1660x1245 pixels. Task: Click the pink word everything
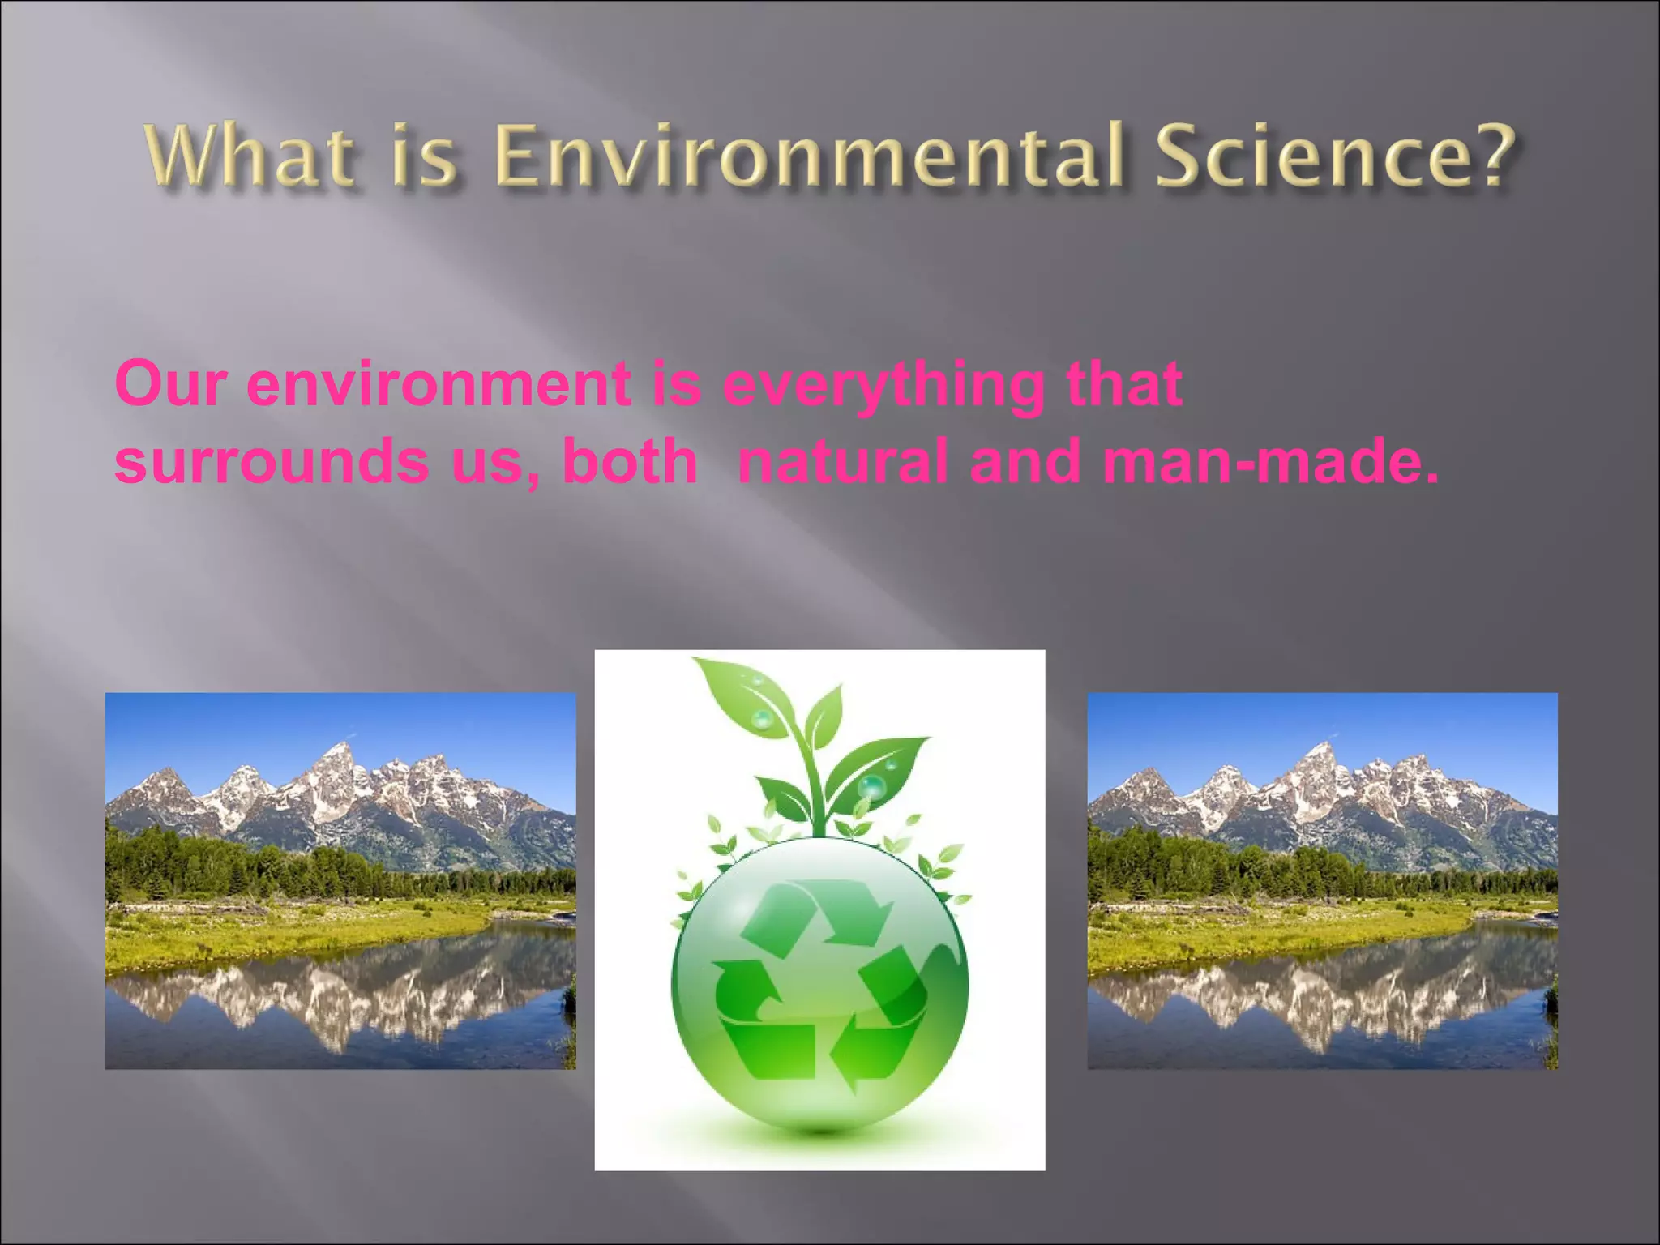tap(883, 386)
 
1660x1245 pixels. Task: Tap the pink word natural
tap(843, 461)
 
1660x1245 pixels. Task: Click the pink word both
tap(630, 461)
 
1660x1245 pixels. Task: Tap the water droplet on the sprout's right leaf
tap(872, 785)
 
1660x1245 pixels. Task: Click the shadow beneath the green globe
tap(820, 1131)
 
